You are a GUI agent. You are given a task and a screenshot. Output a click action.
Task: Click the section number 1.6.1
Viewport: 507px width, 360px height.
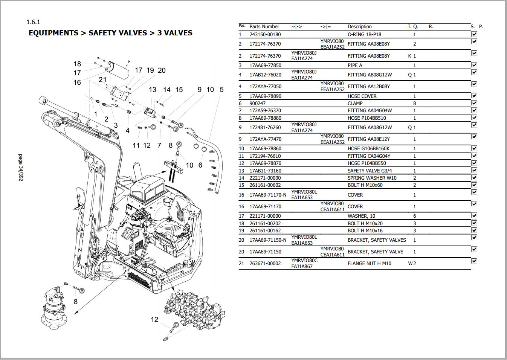(x=33, y=22)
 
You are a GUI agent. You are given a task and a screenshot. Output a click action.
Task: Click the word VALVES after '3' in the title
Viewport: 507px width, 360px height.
(x=178, y=33)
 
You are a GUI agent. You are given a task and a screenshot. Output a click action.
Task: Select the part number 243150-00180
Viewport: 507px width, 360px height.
(x=265, y=34)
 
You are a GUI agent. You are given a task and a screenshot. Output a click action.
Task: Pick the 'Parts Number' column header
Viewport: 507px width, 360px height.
(x=264, y=27)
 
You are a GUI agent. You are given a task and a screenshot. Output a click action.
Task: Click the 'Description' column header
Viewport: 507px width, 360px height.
(x=359, y=27)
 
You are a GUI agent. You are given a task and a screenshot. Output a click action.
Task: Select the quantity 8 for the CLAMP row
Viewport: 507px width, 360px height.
(x=415, y=103)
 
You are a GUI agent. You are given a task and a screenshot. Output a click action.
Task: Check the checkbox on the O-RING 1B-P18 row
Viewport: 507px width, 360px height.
(x=474, y=34)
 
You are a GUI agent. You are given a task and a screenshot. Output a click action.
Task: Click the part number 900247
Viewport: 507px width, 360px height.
(x=257, y=103)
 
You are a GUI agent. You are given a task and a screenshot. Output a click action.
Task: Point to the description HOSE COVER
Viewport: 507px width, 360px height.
(x=362, y=96)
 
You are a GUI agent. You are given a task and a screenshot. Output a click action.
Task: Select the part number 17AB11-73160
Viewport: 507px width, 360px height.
(x=265, y=171)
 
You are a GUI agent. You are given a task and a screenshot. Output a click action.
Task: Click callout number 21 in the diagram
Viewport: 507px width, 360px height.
(x=102, y=79)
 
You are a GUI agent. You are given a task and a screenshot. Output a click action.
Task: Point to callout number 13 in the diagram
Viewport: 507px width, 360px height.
(x=152, y=90)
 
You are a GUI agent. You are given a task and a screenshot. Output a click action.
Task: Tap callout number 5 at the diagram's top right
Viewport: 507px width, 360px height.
(x=221, y=90)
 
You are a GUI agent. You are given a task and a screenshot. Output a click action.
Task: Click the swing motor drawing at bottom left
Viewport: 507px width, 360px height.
(x=53, y=309)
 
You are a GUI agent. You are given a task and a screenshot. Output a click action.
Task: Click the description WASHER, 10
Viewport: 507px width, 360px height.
(x=361, y=216)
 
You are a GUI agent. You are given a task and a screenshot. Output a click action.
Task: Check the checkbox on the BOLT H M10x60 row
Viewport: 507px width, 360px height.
(x=474, y=185)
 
